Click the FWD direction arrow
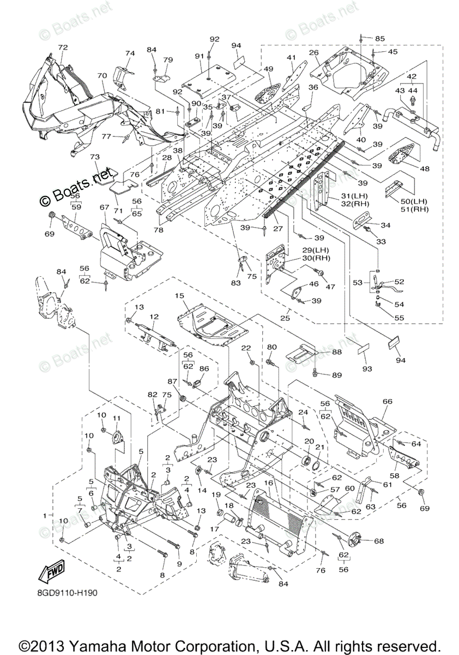coord(49,573)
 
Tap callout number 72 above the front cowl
coord(63,47)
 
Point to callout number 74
coord(130,53)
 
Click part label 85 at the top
coord(379,38)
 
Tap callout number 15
coord(178,295)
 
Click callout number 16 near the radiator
coord(268,483)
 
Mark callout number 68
coord(378,541)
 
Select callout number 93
coord(367,369)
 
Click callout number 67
coord(105,207)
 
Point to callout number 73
coord(95,157)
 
